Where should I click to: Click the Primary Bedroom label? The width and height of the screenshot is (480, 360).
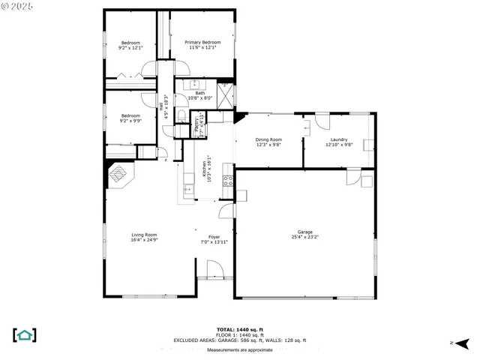202,42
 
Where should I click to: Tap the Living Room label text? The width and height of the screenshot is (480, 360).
144,235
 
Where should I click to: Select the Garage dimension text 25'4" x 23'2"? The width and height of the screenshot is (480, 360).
305,237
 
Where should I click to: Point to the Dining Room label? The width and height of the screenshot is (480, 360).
268,139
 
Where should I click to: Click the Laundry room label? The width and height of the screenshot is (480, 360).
337,139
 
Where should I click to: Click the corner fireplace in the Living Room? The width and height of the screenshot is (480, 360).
118,175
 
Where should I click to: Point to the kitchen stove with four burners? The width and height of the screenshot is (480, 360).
226,180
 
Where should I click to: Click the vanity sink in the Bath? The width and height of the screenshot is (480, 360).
193,84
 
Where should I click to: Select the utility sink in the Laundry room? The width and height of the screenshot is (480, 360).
366,145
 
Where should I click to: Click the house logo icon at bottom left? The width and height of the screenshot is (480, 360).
25,334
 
